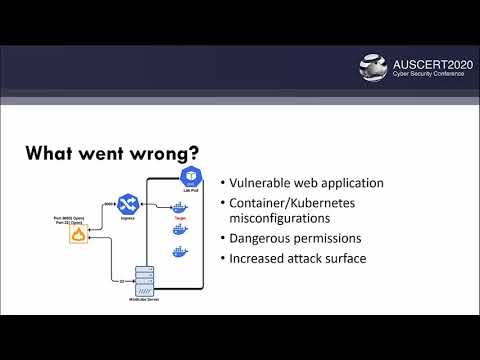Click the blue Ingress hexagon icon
tap(127, 204)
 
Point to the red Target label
tap(180, 217)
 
